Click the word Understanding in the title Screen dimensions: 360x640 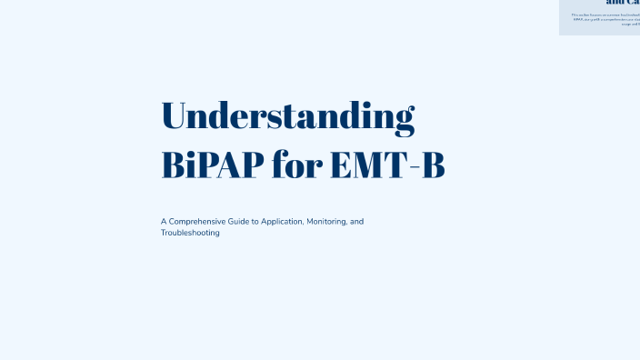(287, 117)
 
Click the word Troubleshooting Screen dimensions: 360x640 (190, 234)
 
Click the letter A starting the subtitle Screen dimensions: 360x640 (164, 222)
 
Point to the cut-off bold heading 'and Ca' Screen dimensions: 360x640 (622, 3)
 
